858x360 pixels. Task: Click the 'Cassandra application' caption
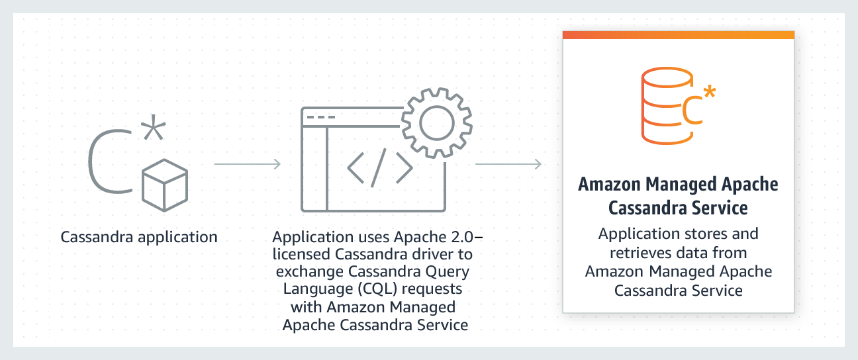(139, 237)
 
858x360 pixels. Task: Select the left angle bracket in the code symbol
(357, 169)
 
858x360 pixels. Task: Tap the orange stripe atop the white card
(678, 34)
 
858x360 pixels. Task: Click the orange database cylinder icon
(663, 109)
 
